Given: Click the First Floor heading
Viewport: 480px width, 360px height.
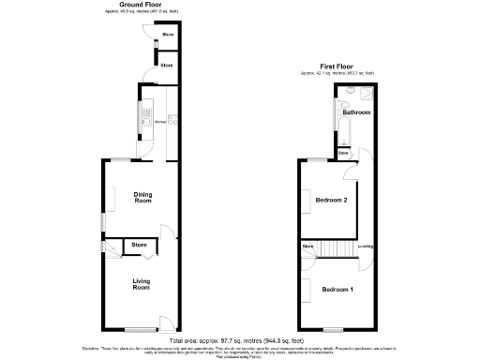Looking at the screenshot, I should pyautogui.click(x=339, y=67).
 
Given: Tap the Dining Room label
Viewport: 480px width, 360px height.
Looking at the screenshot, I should pyautogui.click(x=142, y=198).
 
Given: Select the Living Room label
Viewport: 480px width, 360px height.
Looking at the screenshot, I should pyautogui.click(x=141, y=284).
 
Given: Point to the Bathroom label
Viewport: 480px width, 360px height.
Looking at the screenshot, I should pyautogui.click(x=357, y=112).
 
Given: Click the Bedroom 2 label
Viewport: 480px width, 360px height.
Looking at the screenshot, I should pyautogui.click(x=331, y=201).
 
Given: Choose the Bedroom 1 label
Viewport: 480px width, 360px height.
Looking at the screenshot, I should pyautogui.click(x=337, y=289).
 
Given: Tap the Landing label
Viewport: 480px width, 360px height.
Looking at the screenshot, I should pyautogui.click(x=367, y=247).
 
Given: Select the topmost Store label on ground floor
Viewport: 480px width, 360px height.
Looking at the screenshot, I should pyautogui.click(x=167, y=35).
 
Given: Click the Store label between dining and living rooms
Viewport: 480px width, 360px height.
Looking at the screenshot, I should pyautogui.click(x=139, y=245).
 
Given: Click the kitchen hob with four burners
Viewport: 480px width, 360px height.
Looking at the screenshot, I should pyautogui.click(x=172, y=119).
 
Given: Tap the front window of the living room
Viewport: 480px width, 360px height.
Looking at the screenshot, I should pyautogui.click(x=141, y=329).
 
